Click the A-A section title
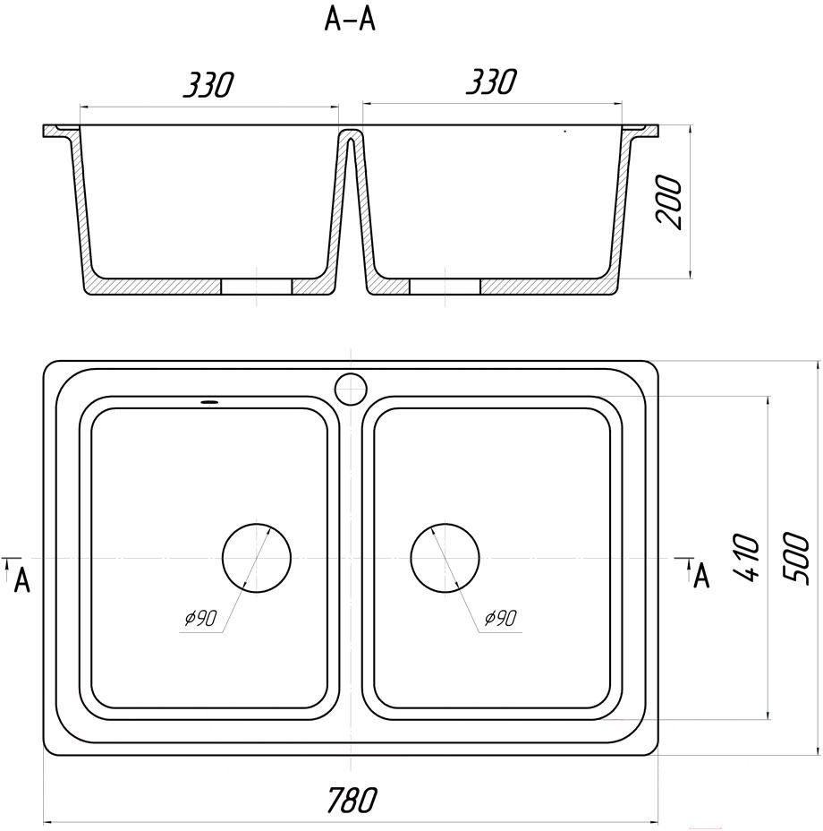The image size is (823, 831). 350,21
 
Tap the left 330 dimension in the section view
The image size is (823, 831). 208,84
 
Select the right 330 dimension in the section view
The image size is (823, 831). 490,81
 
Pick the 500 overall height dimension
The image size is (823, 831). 796,559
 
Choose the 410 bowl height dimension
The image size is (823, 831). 746,558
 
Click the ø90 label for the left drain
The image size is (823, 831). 200,618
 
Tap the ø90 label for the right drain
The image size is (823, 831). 500,618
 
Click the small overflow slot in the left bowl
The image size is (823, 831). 208,402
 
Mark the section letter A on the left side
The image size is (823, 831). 21,580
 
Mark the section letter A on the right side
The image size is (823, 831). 701,576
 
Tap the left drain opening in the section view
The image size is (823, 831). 257,287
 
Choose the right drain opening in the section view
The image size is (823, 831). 445,287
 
